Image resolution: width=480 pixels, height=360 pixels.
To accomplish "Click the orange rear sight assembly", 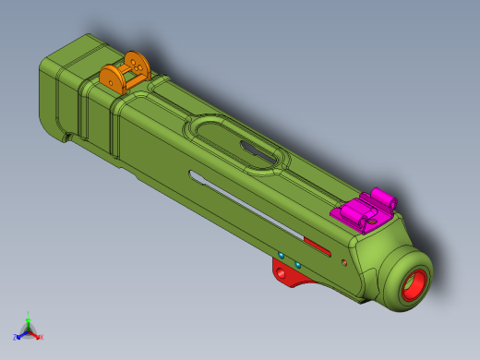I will (125, 73).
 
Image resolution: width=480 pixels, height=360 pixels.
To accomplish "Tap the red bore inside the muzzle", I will (413, 287).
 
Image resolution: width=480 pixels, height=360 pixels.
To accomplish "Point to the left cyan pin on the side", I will (282, 255).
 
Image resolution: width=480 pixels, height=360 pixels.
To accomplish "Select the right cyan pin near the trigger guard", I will (298, 265).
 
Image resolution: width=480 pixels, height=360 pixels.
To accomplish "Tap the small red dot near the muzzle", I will (344, 263).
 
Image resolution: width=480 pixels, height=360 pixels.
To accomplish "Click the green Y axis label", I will (29, 314).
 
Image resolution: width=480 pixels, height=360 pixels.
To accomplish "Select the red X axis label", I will (41, 337).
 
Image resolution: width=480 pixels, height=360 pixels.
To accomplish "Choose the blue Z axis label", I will (16, 337).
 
